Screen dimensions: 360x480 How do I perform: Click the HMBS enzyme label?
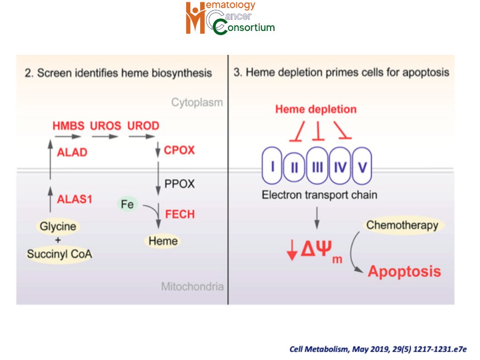68,126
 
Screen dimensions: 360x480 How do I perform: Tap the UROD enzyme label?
143,126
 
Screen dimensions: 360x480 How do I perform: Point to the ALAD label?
72,152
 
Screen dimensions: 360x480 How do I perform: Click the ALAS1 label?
75,199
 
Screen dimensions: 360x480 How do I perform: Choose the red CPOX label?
179,150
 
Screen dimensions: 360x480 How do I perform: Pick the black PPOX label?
179,183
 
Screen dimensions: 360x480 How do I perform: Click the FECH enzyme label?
179,214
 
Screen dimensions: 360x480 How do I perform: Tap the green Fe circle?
127,204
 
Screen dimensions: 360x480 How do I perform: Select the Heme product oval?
163,241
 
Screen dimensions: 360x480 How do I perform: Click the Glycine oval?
58,226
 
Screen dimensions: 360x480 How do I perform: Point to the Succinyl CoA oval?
59,255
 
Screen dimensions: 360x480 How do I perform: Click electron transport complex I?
272,166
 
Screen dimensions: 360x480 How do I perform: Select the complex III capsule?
317,166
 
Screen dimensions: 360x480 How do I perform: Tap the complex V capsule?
361,166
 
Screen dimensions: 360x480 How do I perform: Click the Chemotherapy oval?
402,225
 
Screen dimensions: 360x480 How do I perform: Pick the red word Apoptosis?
404,271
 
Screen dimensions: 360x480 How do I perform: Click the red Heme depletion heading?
316,109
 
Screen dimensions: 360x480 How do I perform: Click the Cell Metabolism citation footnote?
378,349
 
